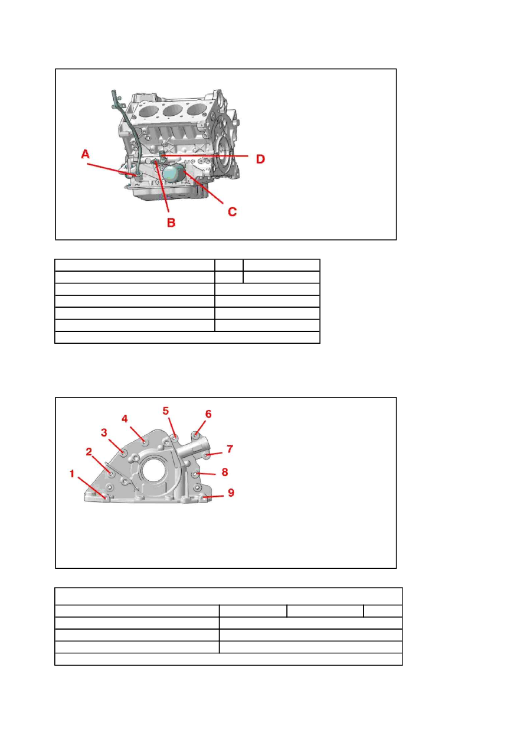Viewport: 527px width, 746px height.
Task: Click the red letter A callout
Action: [86, 154]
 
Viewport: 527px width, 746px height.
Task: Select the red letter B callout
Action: [171, 223]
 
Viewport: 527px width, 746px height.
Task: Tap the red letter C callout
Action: [233, 212]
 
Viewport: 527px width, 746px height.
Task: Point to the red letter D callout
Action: [260, 159]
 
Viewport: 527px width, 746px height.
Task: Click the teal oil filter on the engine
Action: [174, 173]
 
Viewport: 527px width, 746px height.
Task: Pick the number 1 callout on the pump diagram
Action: [72, 474]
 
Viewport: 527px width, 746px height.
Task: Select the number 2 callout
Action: [89, 452]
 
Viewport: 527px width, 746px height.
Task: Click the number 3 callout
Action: [104, 432]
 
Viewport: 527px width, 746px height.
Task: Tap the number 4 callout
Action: [125, 419]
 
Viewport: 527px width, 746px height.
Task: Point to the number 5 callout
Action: [166, 411]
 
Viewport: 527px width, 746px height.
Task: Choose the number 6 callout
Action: [208, 414]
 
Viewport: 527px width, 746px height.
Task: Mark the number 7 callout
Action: [230, 449]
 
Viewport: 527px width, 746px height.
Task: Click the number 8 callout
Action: [225, 472]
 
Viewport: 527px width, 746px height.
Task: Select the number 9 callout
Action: [231, 493]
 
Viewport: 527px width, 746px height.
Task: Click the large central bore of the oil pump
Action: [153, 470]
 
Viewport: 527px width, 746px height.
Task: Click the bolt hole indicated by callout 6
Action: [197, 434]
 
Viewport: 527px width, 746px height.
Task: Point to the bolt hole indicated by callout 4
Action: [145, 442]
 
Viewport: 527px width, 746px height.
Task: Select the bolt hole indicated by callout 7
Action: [207, 455]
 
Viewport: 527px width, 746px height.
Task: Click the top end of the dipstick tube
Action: [113, 91]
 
